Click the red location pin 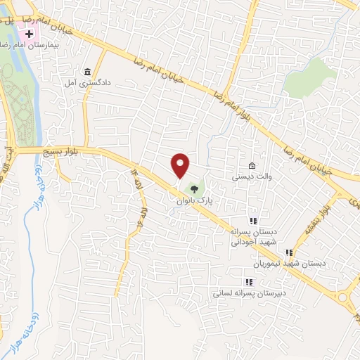pos(181,165)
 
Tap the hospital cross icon pos(29,34)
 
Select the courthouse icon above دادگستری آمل pos(87,72)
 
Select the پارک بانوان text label pos(194,200)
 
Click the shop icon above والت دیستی pos(252,165)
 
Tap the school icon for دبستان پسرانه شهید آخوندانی pos(253,221)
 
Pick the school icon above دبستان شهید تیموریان pos(288,253)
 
